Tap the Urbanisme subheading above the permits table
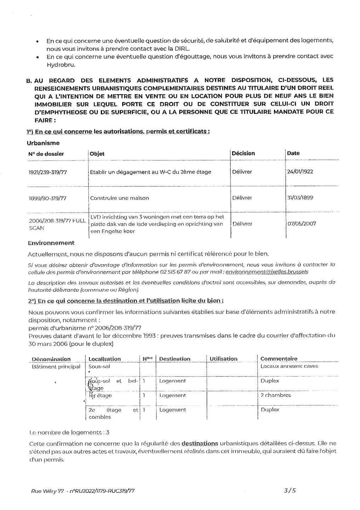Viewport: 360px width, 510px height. click(43, 143)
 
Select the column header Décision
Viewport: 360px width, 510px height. click(243, 153)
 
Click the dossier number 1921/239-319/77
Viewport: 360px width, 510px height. click(47, 172)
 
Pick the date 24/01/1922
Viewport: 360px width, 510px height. click(300, 172)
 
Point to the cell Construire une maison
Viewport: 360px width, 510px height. click(119, 198)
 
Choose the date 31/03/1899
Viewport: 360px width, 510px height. click(300, 198)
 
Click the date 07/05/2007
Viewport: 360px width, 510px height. click(301, 223)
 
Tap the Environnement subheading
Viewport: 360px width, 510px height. click(51, 243)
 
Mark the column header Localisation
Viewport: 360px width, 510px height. click(104, 359)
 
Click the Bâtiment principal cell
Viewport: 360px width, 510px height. click(56, 367)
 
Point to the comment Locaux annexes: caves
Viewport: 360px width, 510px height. click(289, 366)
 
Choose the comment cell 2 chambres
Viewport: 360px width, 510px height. click(275, 395)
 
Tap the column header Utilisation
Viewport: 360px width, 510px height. click(223, 359)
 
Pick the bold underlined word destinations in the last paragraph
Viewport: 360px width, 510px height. click(200, 443)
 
